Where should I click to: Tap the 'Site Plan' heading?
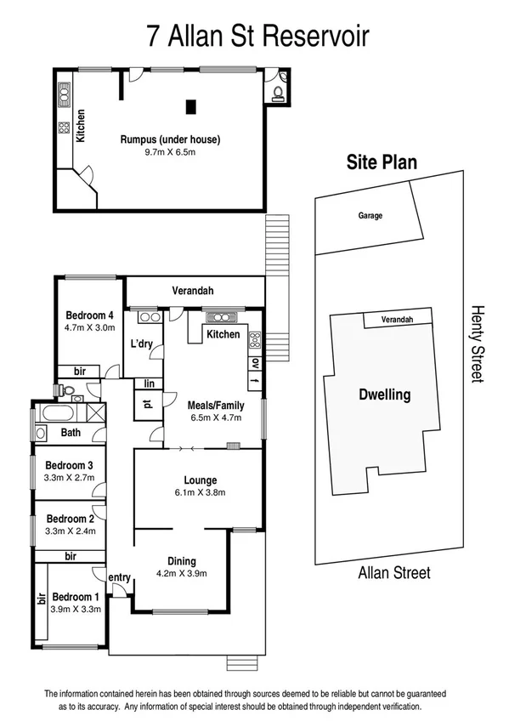click(x=381, y=162)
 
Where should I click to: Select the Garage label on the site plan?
click(x=370, y=216)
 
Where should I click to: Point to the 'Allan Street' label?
click(x=393, y=573)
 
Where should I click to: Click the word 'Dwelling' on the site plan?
click(x=383, y=395)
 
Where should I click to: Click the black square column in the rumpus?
click(x=190, y=106)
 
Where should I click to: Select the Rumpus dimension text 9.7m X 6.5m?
click(x=168, y=153)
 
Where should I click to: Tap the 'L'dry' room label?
click(x=141, y=344)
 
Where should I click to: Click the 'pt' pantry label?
click(x=147, y=405)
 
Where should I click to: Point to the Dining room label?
click(x=182, y=560)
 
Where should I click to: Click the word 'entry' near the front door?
click(x=119, y=578)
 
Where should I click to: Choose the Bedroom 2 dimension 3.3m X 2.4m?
click(x=70, y=531)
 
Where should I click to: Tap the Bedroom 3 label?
click(x=69, y=465)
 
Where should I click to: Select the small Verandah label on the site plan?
click(x=397, y=320)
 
